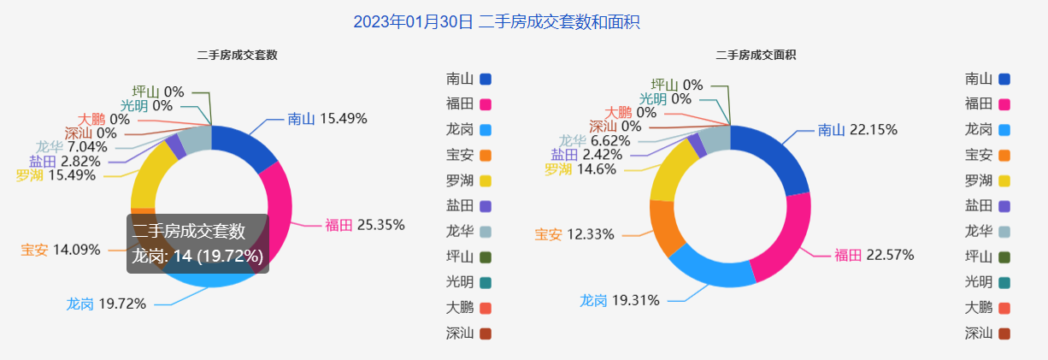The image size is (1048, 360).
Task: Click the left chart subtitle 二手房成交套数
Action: click(237, 55)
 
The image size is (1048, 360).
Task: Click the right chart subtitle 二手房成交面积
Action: click(756, 55)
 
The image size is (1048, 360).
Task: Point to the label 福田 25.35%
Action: click(364, 225)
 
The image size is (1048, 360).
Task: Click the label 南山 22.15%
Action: click(857, 130)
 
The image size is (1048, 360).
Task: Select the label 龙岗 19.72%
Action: click(106, 304)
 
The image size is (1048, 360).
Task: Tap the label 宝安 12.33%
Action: click(574, 234)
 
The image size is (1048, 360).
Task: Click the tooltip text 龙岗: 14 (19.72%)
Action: click(197, 256)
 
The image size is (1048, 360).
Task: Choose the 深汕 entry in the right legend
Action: click(979, 333)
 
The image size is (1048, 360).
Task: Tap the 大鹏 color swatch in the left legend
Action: click(486, 308)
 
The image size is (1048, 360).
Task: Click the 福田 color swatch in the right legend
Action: click(1004, 104)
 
